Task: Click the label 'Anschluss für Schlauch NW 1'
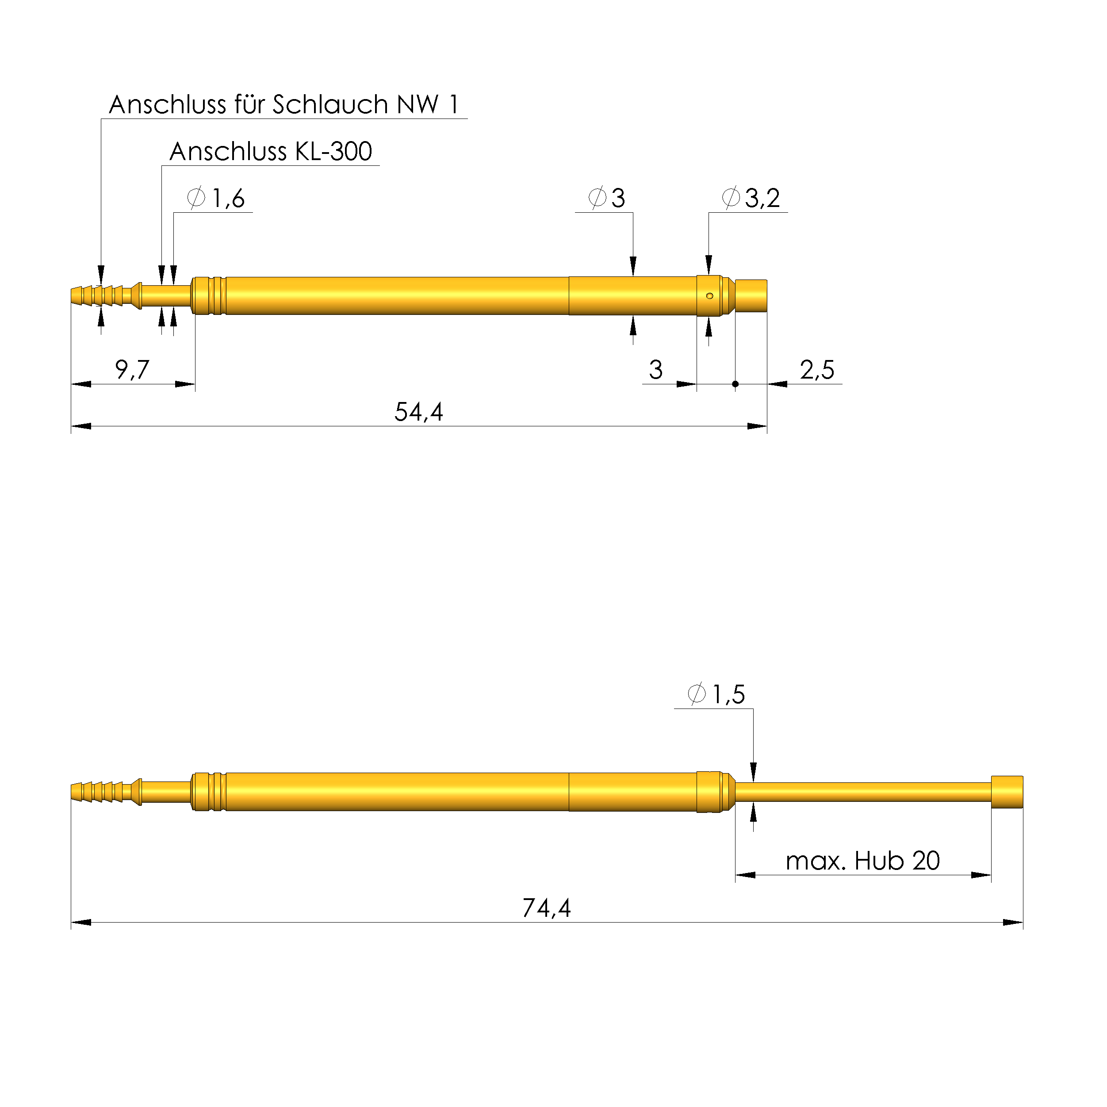(x=284, y=105)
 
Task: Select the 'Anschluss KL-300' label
(x=271, y=152)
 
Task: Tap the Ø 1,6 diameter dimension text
(x=216, y=198)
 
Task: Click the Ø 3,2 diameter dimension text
(x=751, y=198)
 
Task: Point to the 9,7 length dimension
(x=132, y=370)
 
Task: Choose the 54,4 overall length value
(x=419, y=412)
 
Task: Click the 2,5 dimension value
(x=817, y=370)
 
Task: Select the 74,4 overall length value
(x=547, y=908)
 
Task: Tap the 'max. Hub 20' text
(x=863, y=861)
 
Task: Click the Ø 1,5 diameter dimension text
(x=716, y=694)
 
